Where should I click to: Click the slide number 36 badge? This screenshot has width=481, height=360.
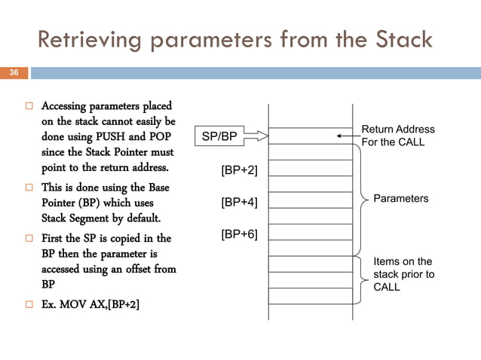14,73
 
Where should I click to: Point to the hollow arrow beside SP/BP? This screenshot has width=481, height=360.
256,136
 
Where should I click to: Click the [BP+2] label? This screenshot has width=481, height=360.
239,170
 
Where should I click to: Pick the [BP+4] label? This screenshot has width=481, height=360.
239,203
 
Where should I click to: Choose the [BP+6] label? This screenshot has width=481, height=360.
239,234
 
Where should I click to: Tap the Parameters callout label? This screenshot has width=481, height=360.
401,198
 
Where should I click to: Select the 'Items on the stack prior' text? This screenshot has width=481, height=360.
404,274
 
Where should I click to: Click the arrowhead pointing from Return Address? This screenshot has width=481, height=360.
341,136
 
